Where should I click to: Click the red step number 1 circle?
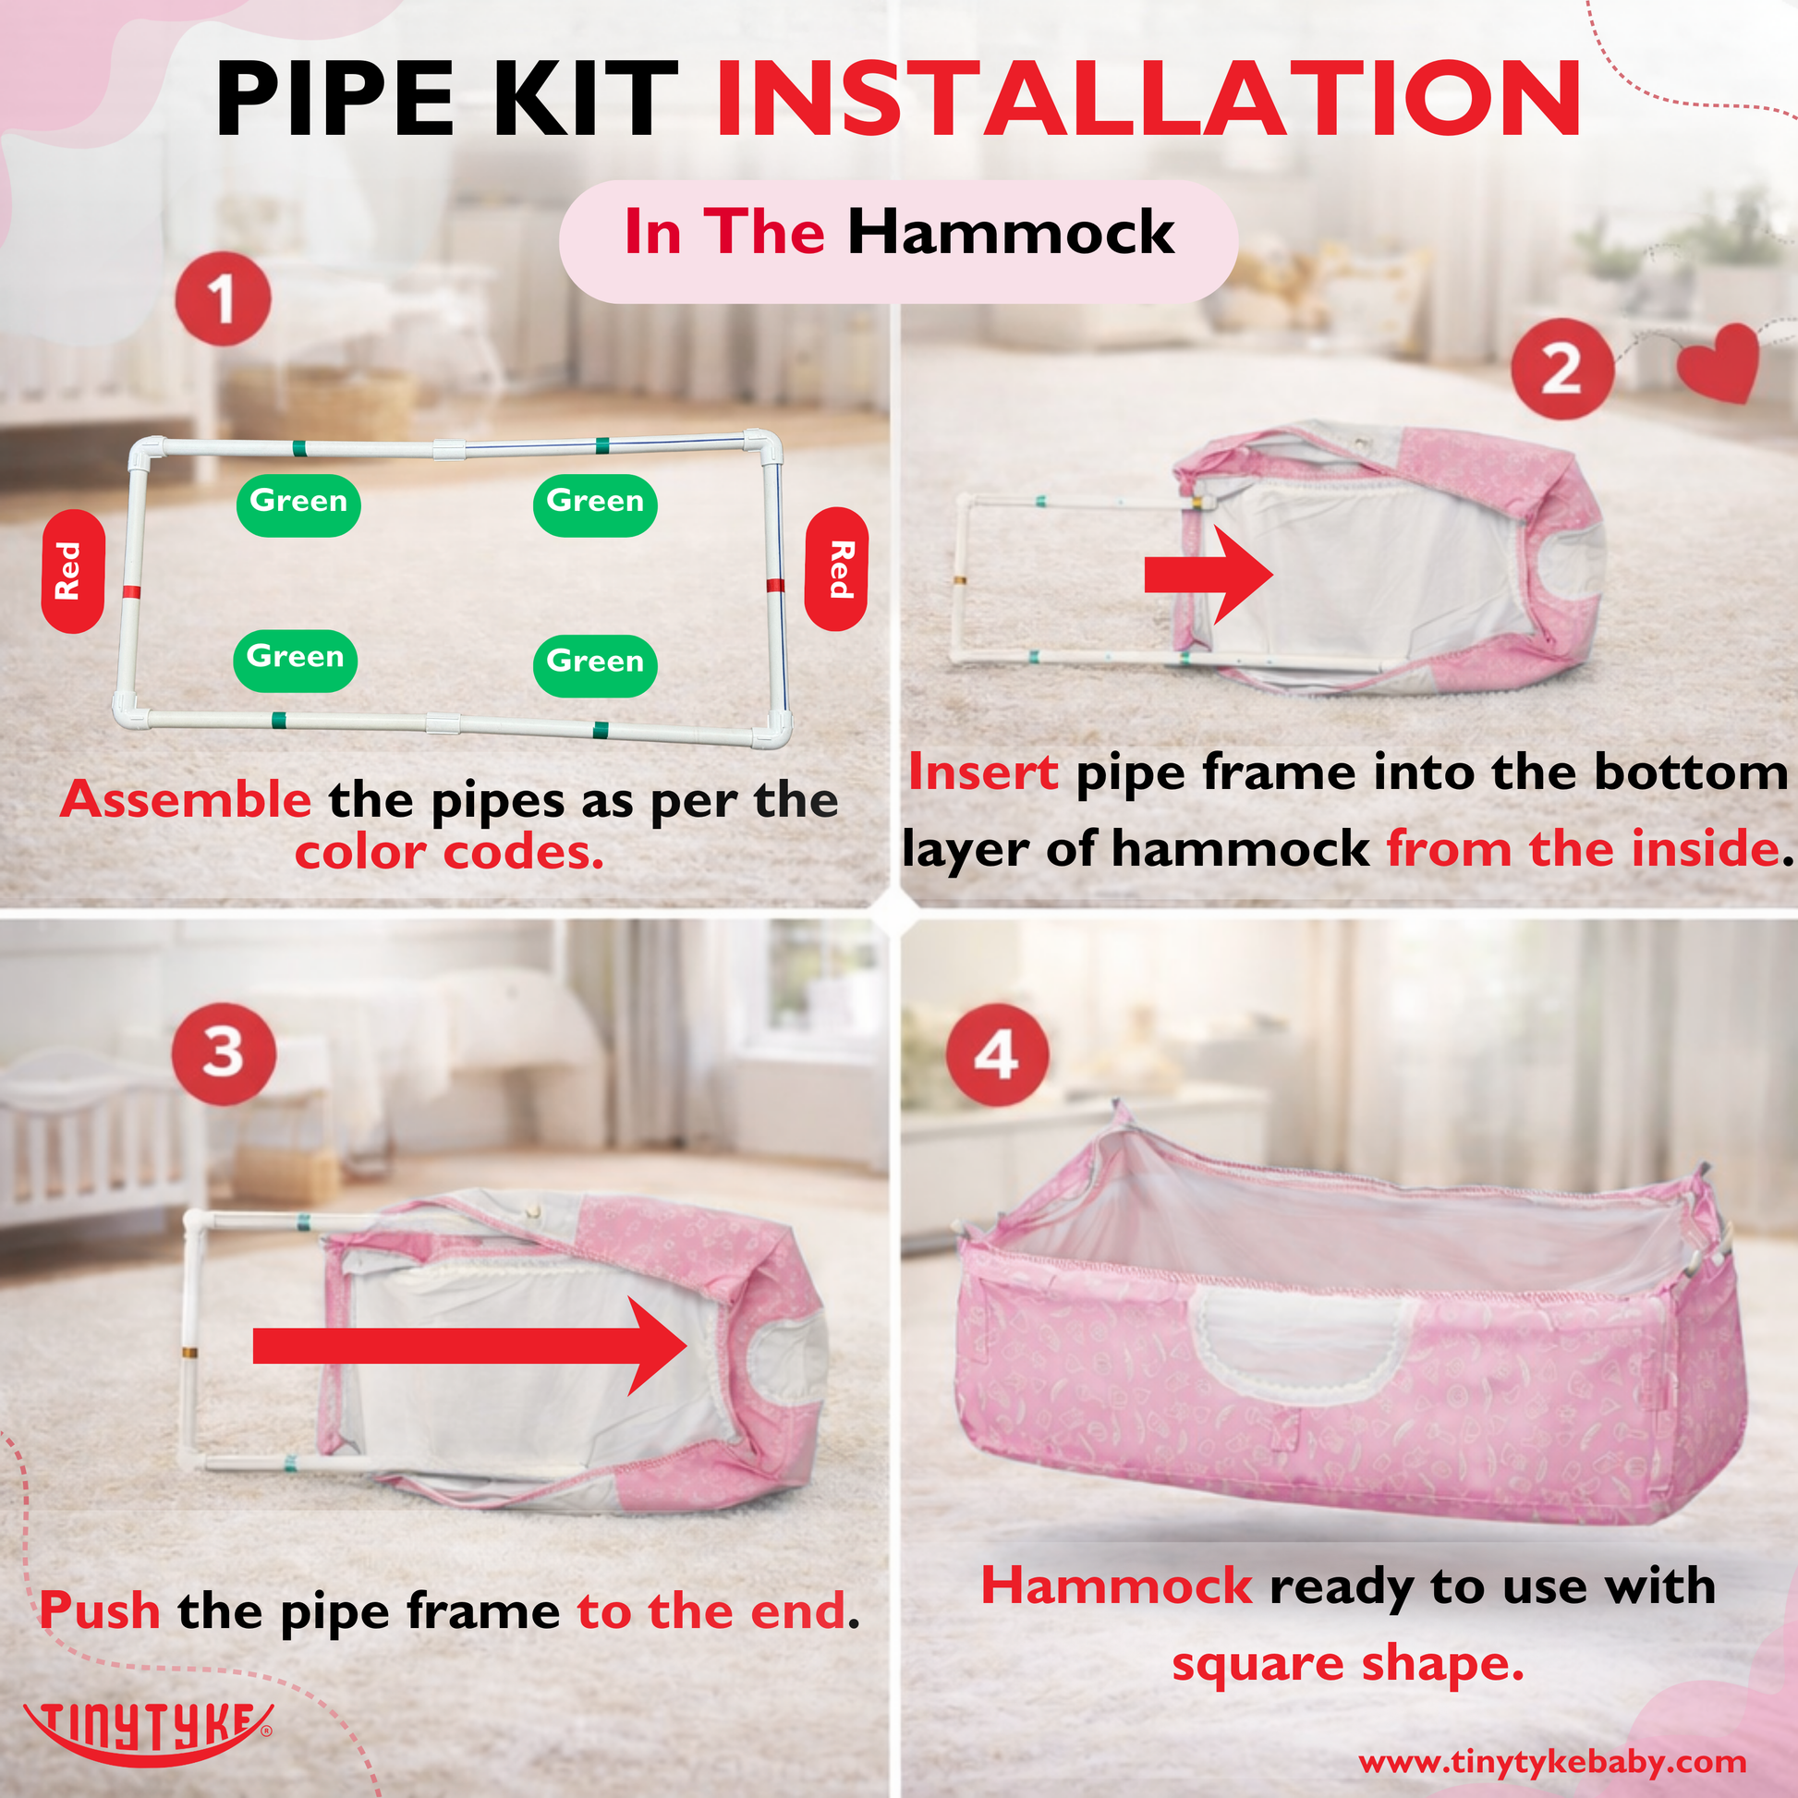(x=224, y=298)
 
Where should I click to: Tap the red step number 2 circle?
(x=1561, y=370)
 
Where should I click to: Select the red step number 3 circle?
(x=224, y=1053)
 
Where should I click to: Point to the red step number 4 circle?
(x=997, y=1054)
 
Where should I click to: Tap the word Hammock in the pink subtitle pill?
(x=1011, y=232)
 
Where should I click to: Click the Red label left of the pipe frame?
(x=72, y=570)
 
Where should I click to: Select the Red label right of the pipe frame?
(x=837, y=568)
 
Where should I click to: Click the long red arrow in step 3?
(x=470, y=1345)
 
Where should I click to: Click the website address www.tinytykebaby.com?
(x=1551, y=1761)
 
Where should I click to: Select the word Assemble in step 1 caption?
(x=186, y=799)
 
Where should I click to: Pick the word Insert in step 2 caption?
(x=983, y=771)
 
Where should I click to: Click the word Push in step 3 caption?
(x=100, y=1610)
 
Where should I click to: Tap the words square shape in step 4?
(x=1347, y=1663)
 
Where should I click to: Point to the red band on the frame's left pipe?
(x=131, y=592)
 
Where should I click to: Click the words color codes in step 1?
(x=449, y=853)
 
